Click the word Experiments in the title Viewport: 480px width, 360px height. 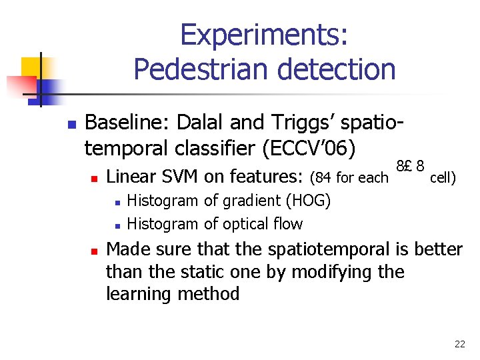pos(264,35)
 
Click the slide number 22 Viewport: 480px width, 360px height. pos(459,344)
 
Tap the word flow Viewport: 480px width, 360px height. pos(288,224)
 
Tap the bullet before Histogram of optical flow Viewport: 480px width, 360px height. pos(116,225)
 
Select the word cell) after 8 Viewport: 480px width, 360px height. pos(443,178)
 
